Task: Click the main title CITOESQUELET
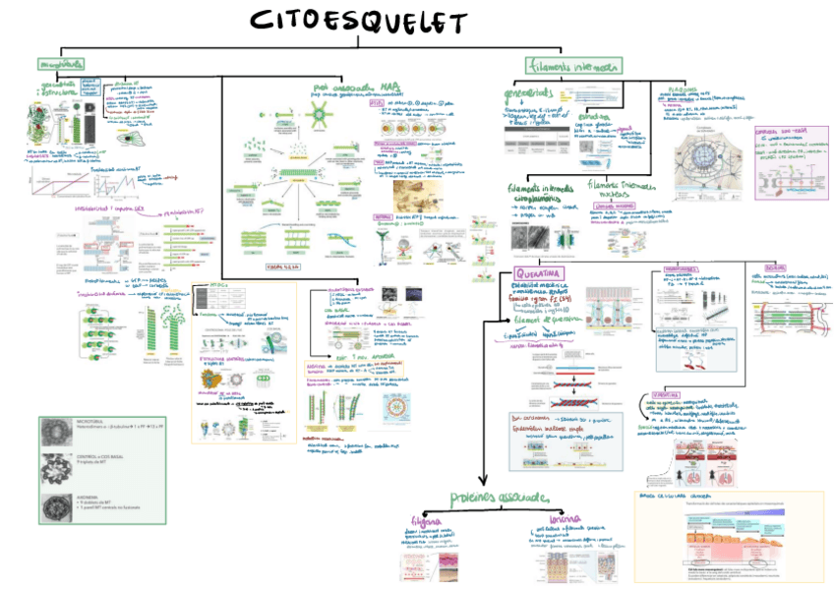pyautogui.click(x=358, y=22)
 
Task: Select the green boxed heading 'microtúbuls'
pyautogui.click(x=61, y=64)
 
